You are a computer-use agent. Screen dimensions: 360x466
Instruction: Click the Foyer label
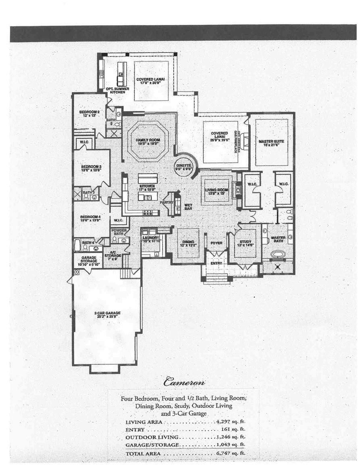[216, 243]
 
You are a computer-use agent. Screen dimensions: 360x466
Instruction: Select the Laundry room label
[151, 238]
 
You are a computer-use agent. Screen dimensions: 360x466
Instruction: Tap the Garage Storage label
[88, 259]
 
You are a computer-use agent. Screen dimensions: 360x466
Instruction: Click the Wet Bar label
[188, 207]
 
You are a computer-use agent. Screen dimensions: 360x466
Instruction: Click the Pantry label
[166, 202]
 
